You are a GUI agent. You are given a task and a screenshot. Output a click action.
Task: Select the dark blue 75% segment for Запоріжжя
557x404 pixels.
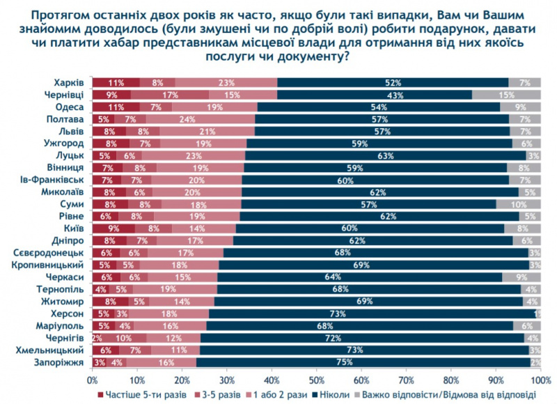(363, 363)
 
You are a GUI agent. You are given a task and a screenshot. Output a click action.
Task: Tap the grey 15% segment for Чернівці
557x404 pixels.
(506, 95)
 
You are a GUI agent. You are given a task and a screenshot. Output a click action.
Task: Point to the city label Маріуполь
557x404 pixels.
(64, 326)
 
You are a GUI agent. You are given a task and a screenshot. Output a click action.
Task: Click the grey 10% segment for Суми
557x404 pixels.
(519, 204)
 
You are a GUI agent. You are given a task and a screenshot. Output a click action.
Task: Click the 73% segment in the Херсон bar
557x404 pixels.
(372, 314)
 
